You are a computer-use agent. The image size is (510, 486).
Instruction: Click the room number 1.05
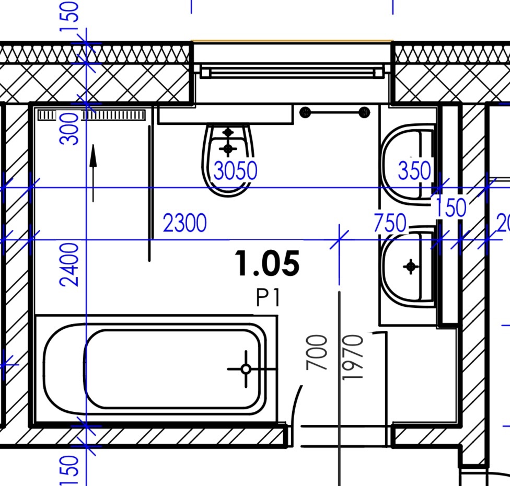click(x=266, y=263)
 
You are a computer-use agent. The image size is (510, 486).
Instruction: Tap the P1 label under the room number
click(x=268, y=298)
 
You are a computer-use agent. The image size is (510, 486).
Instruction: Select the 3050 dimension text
click(x=236, y=171)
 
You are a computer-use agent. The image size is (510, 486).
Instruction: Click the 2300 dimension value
click(x=184, y=223)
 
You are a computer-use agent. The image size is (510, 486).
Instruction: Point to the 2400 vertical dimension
click(x=69, y=264)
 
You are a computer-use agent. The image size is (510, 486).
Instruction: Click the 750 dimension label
click(x=390, y=223)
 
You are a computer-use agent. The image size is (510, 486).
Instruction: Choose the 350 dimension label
click(x=415, y=170)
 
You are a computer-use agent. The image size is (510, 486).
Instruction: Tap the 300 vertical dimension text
click(x=69, y=129)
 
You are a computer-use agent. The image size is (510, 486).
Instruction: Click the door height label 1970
click(x=353, y=357)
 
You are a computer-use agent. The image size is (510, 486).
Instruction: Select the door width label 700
click(x=317, y=353)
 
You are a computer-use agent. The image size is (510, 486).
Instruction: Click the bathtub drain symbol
click(x=246, y=369)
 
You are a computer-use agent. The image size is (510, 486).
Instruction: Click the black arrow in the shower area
click(x=93, y=173)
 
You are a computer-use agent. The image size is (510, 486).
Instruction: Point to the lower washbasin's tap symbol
click(x=411, y=267)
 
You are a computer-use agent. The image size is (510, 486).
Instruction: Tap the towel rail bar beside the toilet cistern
click(x=335, y=112)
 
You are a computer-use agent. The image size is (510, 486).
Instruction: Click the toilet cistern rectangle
click(x=225, y=114)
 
